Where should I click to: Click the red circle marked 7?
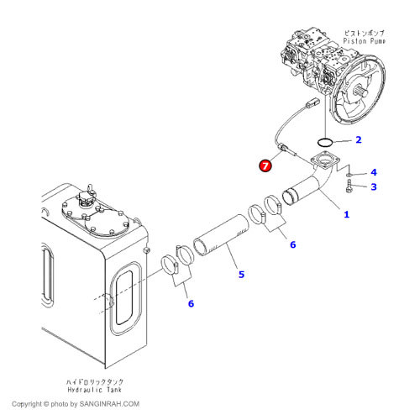click(x=265, y=165)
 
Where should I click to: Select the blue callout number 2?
click(x=359, y=139)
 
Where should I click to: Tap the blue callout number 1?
click(x=347, y=214)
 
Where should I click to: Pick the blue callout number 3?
click(x=374, y=186)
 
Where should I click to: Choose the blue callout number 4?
click(x=374, y=172)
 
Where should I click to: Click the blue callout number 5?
click(x=241, y=275)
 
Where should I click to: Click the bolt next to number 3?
click(x=349, y=186)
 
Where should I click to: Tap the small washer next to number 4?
click(x=349, y=175)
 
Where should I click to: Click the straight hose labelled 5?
click(x=221, y=234)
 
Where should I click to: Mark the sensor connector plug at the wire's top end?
click(x=312, y=102)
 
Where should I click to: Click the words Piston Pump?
click(x=365, y=41)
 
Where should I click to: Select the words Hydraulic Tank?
click(x=95, y=390)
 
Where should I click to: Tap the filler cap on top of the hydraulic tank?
click(x=87, y=197)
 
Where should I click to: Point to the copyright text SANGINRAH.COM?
click(x=109, y=404)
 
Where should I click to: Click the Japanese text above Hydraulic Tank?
click(x=95, y=381)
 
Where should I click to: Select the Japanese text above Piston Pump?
click(x=365, y=33)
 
